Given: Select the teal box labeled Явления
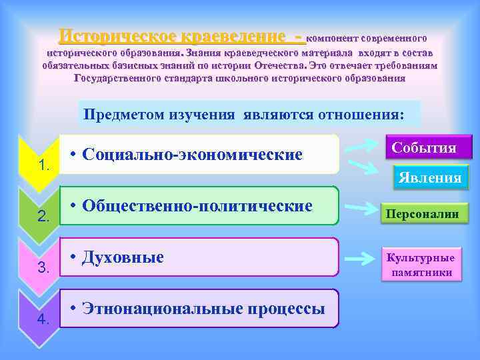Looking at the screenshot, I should pos(429,177).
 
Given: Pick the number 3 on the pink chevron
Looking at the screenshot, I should pos(44,268).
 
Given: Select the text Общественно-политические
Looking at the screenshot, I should pos(197,206).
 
